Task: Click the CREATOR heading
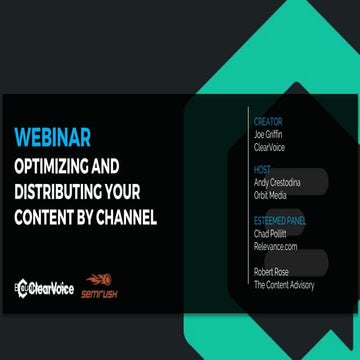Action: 270,121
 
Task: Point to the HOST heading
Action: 264,170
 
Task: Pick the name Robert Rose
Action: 274,270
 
